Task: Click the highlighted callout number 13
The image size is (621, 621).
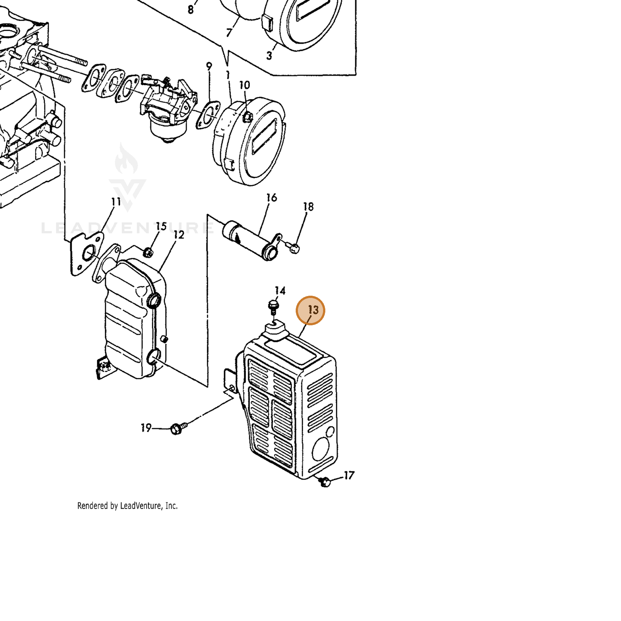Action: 313,310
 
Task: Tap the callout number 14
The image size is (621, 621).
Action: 280,291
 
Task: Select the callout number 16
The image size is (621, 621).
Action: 272,197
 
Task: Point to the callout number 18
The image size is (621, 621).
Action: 308,206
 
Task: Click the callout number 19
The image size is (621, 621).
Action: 146,428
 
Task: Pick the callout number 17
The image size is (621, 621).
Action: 349,475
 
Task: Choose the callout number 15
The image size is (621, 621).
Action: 161,226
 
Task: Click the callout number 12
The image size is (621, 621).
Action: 179,235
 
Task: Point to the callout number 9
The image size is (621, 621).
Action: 209,66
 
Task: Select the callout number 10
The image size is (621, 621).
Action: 245,85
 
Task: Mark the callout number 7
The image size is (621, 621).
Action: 229,33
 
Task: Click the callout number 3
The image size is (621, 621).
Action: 269,56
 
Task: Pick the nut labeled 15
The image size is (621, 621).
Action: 147,252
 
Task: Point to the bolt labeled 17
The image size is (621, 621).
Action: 325,482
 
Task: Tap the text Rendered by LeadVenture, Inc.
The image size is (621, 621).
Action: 127,505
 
